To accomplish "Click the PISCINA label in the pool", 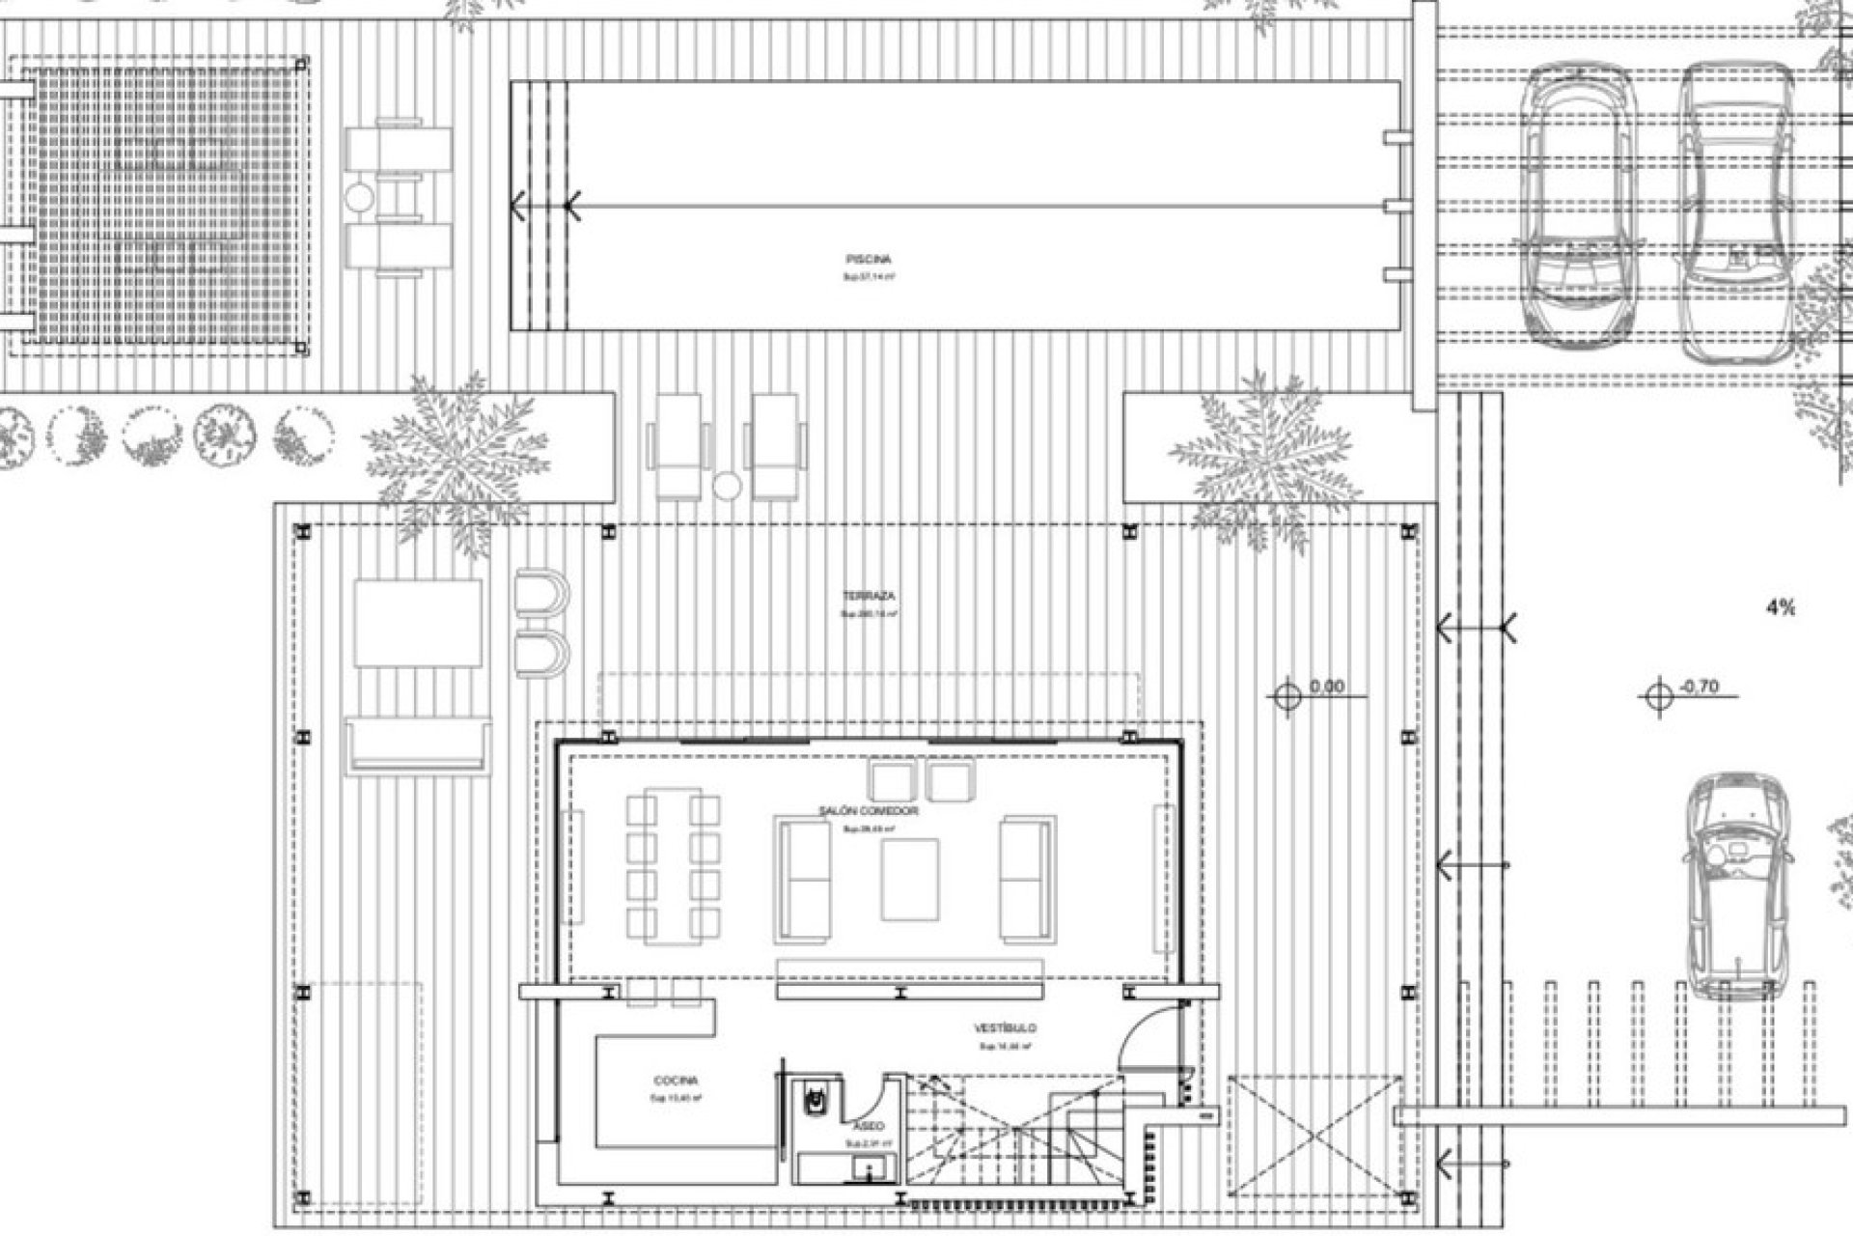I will [x=868, y=259].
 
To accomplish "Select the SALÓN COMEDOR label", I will [x=869, y=812].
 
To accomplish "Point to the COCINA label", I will [x=675, y=1081].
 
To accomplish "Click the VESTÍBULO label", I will [x=1005, y=1029].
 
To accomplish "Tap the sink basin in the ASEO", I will [x=861, y=1172].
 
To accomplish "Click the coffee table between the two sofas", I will [x=909, y=880].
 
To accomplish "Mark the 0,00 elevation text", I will [x=1327, y=688].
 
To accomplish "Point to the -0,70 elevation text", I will [x=1700, y=688].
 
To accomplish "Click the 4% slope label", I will [x=1781, y=607].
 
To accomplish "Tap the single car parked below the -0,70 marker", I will [x=1734, y=886].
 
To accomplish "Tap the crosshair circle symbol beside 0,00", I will [x=1287, y=694].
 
